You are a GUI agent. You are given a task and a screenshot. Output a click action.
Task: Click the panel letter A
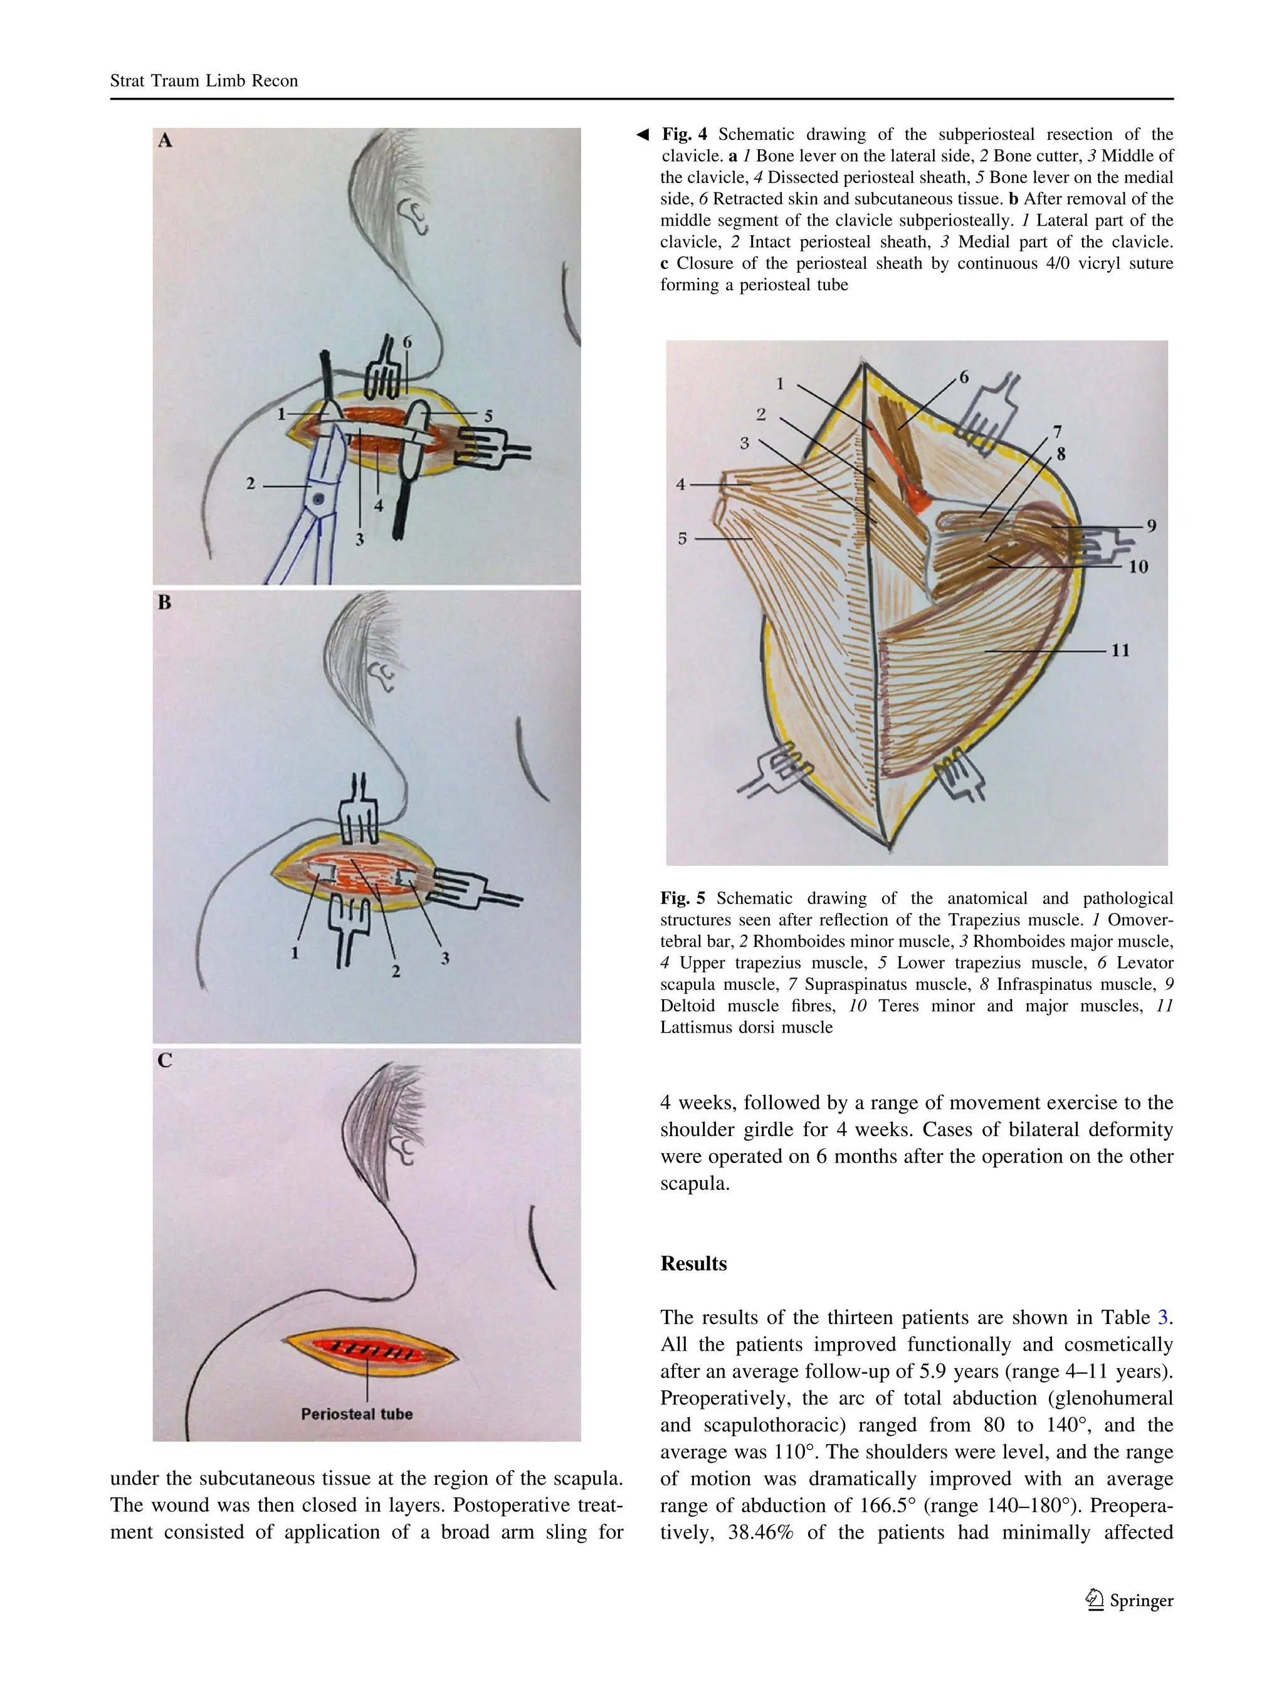(165, 141)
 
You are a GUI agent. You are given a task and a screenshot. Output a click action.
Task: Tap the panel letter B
(164, 603)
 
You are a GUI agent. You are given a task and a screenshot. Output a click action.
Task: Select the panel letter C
(164, 1060)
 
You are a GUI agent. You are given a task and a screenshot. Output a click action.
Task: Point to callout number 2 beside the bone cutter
(251, 483)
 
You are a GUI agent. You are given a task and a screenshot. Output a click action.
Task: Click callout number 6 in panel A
(407, 342)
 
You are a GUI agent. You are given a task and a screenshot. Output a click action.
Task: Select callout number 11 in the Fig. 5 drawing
(1120, 650)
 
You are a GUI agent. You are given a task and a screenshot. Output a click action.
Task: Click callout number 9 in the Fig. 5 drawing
(1150, 526)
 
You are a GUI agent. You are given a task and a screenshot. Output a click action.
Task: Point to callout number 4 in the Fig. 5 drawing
(680, 485)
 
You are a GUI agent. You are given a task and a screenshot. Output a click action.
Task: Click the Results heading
(693, 1264)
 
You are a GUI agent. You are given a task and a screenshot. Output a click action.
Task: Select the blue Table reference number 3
(1163, 1318)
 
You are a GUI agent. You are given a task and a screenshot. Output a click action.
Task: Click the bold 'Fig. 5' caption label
(683, 898)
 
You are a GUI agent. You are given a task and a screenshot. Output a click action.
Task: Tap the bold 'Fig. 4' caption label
(684, 134)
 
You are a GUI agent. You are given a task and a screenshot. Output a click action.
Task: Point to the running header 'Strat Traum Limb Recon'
(204, 81)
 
